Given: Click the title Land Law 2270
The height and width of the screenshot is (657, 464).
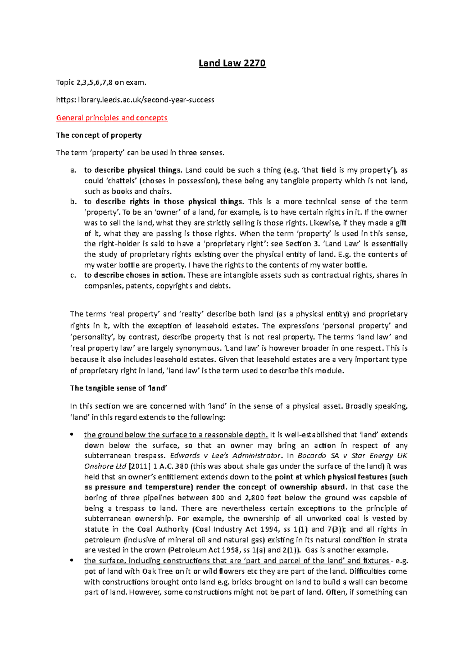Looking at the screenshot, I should point(232,63).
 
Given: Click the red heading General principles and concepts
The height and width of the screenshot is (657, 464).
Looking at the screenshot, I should point(112,118).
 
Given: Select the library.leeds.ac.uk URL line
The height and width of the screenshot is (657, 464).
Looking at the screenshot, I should point(135,100).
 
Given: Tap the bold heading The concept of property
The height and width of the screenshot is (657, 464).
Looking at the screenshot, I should point(99,135).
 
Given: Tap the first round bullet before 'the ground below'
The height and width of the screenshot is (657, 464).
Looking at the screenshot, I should point(71,435).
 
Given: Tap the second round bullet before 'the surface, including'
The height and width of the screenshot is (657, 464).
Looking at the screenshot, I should point(71,560).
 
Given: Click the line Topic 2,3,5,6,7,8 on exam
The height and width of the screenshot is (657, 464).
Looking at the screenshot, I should point(101,82).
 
